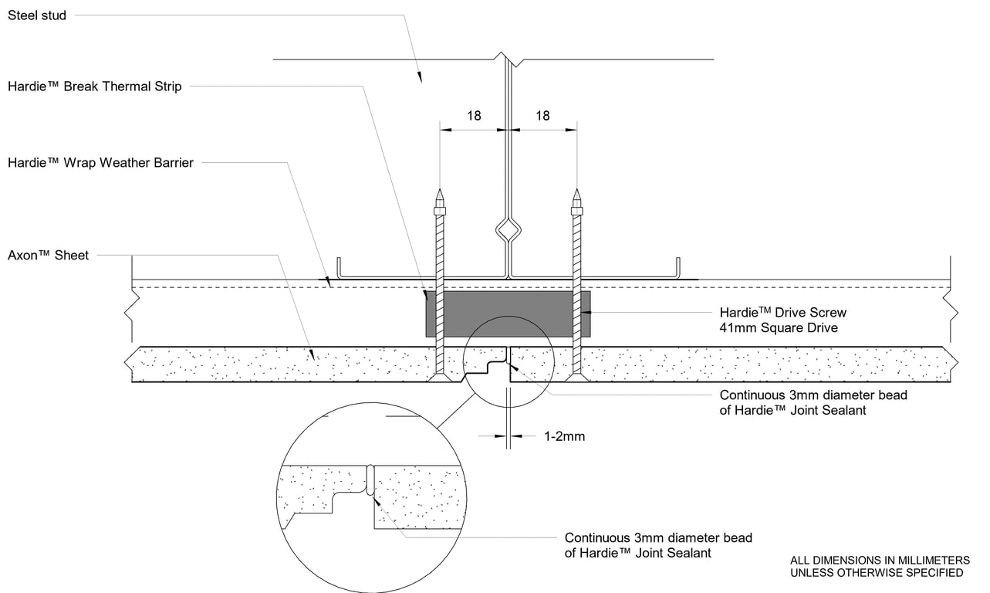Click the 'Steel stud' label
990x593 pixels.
pyautogui.click(x=37, y=15)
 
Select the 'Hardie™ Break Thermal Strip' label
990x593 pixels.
pyautogui.click(x=95, y=86)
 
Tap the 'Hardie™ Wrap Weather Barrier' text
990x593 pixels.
pyautogui.click(x=100, y=162)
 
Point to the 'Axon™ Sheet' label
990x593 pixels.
pyautogui.click(x=48, y=255)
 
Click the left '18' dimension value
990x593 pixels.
pyautogui.click(x=474, y=116)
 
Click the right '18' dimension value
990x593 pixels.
pyautogui.click(x=542, y=116)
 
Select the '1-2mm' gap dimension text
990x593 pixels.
pyautogui.click(x=564, y=436)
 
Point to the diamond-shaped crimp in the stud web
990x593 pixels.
pyautogui.click(x=508, y=230)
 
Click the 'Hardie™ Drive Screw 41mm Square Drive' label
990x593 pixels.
pyautogui.click(x=782, y=320)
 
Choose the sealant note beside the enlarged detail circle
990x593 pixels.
pyautogui.click(x=657, y=545)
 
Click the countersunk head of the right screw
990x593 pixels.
pyautogui.click(x=576, y=378)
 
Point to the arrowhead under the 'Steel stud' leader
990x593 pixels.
pyautogui.click(x=420, y=76)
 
